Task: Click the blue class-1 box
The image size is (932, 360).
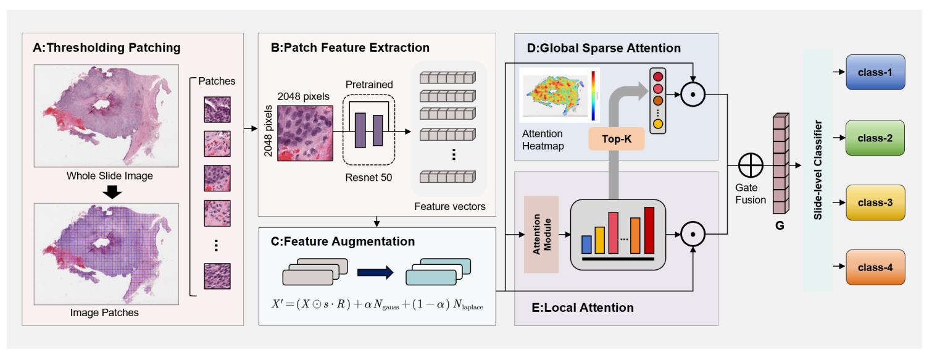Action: tap(875, 72)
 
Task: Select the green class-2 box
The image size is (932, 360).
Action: tap(875, 138)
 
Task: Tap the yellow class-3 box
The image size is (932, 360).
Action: tap(875, 203)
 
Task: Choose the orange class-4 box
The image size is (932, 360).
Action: tap(875, 267)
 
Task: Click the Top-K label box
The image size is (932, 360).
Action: tap(616, 139)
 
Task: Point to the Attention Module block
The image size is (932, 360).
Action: tap(541, 234)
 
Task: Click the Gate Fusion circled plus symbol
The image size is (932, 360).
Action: tap(750, 165)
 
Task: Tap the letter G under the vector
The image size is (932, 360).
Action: tap(780, 225)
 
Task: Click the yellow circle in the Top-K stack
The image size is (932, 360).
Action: tap(657, 123)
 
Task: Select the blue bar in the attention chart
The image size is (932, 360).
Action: tap(586, 245)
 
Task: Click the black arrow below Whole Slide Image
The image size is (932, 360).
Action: tap(112, 192)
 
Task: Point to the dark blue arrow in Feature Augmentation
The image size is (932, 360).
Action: tap(375, 272)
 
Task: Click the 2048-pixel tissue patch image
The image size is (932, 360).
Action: tap(305, 133)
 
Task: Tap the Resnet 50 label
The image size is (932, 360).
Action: tap(368, 178)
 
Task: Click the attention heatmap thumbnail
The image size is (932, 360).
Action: tap(559, 95)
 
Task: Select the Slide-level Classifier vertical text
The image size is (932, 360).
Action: tap(818, 170)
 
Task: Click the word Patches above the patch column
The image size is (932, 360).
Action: tap(217, 81)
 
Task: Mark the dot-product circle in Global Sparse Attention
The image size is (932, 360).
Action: tap(693, 94)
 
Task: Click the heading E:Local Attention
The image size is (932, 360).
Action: tap(583, 308)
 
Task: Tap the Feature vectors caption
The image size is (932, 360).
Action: tap(449, 206)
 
